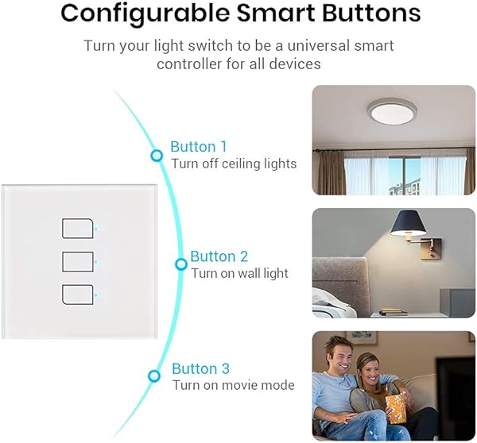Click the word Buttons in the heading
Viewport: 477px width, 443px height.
[366, 13]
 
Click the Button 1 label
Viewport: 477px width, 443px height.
[199, 147]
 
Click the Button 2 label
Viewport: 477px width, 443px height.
[219, 256]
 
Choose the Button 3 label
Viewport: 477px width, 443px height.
[200, 368]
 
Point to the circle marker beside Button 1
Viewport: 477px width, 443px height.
[157, 156]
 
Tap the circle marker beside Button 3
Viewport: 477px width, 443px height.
[155, 376]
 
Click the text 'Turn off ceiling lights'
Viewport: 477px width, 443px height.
[234, 164]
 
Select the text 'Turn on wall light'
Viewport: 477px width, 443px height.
[239, 273]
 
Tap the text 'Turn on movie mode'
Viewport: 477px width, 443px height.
[233, 385]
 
